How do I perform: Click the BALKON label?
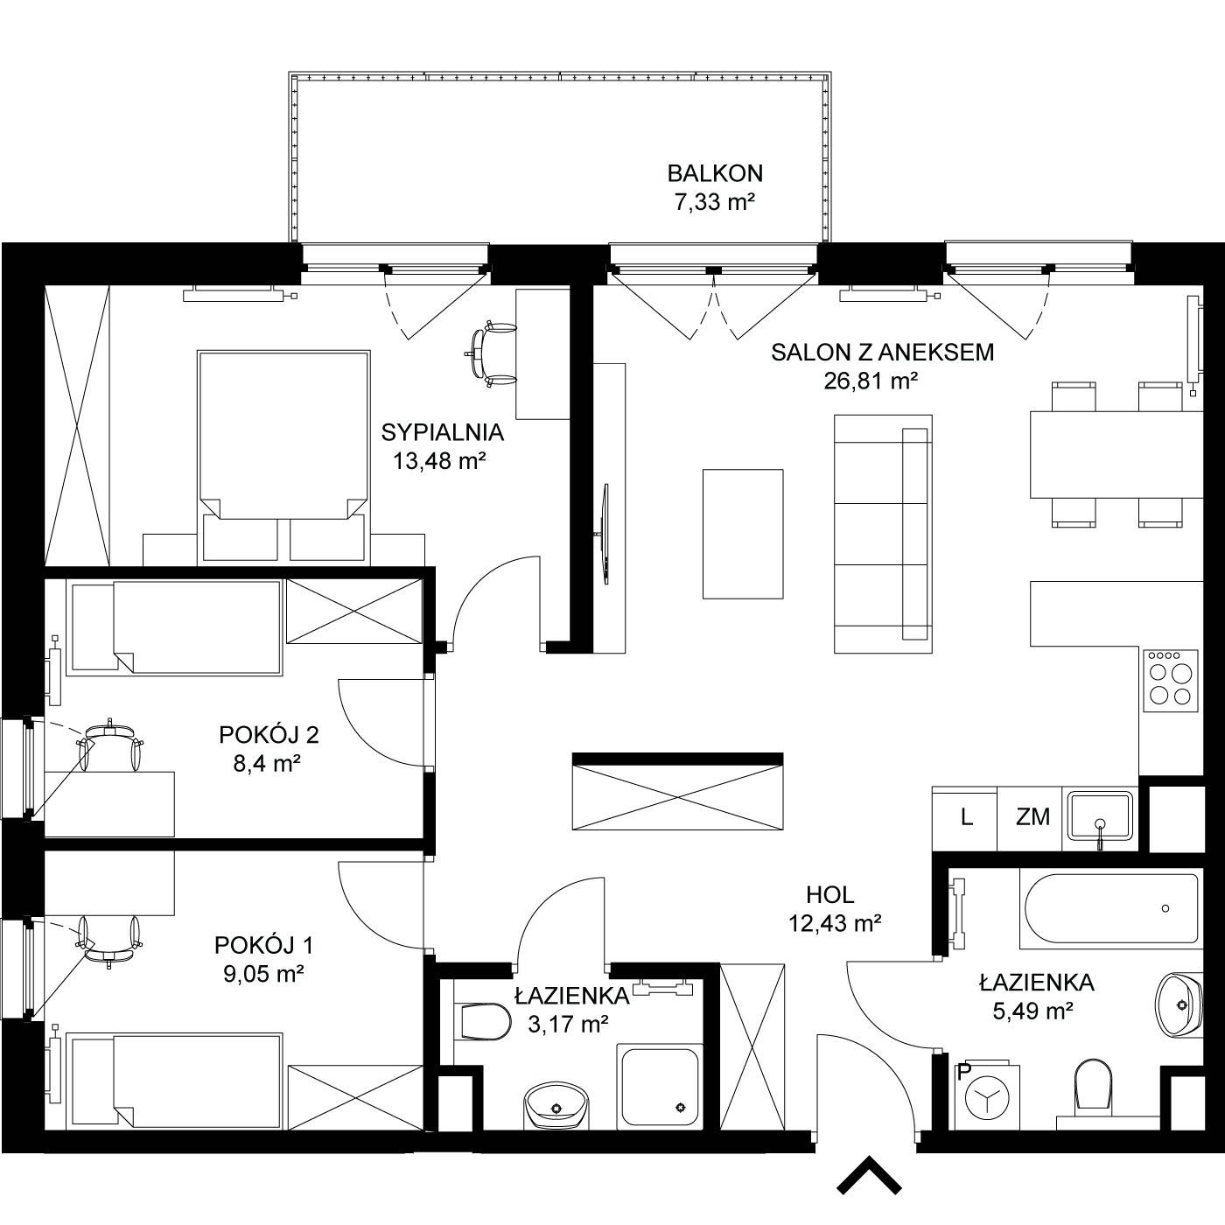click(715, 173)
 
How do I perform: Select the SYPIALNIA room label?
click(443, 432)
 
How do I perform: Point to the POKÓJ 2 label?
click(269, 735)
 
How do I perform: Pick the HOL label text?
click(829, 895)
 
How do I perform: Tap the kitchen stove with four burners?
click(1171, 680)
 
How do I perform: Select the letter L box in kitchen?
click(965, 819)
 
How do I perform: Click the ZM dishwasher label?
click(1032, 816)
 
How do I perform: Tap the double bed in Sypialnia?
click(283, 457)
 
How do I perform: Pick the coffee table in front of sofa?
click(743, 534)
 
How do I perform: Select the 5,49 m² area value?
click(1033, 1010)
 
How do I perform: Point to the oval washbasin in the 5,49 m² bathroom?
click(1178, 1004)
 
